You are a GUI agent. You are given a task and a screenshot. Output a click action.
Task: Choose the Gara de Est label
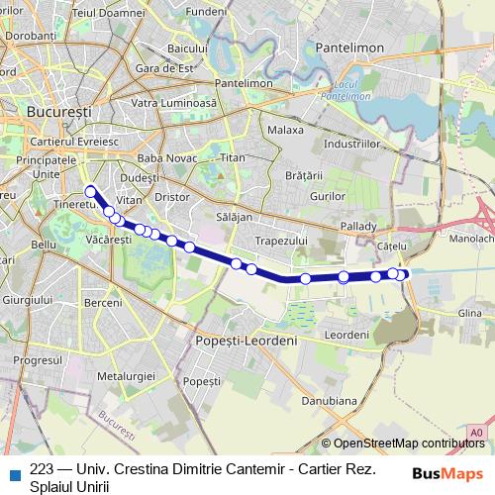[163, 68]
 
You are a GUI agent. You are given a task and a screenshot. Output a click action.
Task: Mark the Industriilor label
[351, 144]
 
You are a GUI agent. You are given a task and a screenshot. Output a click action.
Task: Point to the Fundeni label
[206, 11]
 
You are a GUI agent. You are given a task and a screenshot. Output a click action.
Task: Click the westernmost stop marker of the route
[91, 192]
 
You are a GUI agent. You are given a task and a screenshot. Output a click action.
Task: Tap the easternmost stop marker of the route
[402, 274]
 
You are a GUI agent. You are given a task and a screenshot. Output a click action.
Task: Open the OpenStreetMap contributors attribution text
[409, 444]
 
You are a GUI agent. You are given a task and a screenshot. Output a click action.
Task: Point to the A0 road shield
[477, 433]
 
